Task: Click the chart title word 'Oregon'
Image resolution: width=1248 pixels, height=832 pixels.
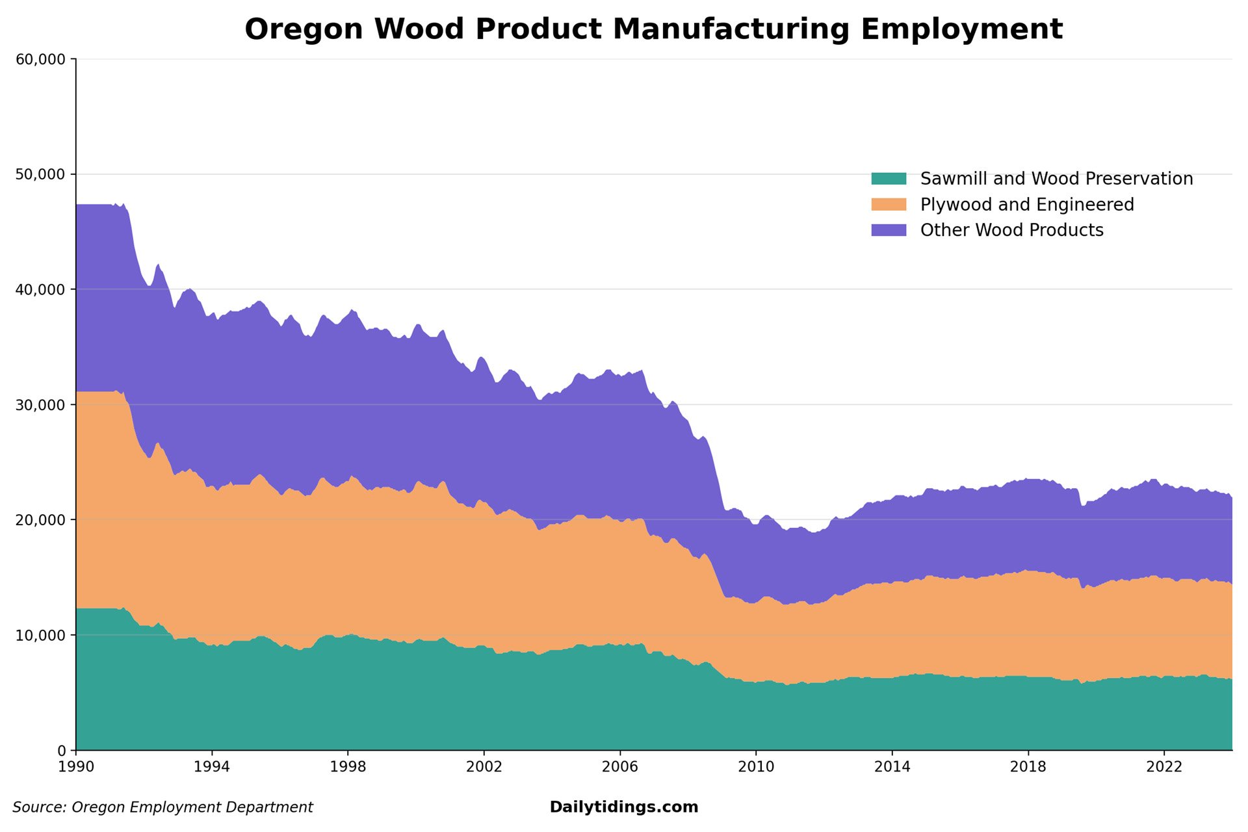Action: [303, 29]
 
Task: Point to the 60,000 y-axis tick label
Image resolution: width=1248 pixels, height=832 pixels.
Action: [40, 59]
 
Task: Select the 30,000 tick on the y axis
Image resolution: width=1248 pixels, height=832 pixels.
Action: [40, 405]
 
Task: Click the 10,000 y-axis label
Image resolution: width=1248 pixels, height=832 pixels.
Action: [40, 635]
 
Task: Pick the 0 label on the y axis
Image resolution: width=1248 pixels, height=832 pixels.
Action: [62, 751]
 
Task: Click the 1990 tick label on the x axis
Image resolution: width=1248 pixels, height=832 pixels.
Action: [76, 767]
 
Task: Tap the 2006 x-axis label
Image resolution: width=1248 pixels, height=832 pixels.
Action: [620, 767]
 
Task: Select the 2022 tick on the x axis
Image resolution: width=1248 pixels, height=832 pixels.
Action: [1163, 767]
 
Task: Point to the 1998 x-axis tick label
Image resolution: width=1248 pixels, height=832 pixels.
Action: [348, 767]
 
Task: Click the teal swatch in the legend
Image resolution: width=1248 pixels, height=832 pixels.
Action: [889, 179]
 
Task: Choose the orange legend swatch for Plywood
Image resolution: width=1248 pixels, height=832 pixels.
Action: [889, 205]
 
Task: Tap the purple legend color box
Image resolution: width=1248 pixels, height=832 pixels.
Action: [889, 230]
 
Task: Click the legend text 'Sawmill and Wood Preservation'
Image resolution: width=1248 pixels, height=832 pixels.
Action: [1056, 179]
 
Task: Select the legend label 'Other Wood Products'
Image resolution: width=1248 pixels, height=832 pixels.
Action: [1011, 230]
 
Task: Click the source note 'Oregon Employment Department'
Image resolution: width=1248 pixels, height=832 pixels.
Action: [192, 807]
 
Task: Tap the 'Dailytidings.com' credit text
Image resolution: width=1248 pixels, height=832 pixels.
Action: [623, 807]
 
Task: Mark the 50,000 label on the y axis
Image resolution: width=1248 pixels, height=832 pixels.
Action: [40, 174]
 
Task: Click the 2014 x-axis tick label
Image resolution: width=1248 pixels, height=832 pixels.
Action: [892, 767]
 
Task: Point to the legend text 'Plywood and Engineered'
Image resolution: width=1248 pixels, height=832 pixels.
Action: [1027, 205]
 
